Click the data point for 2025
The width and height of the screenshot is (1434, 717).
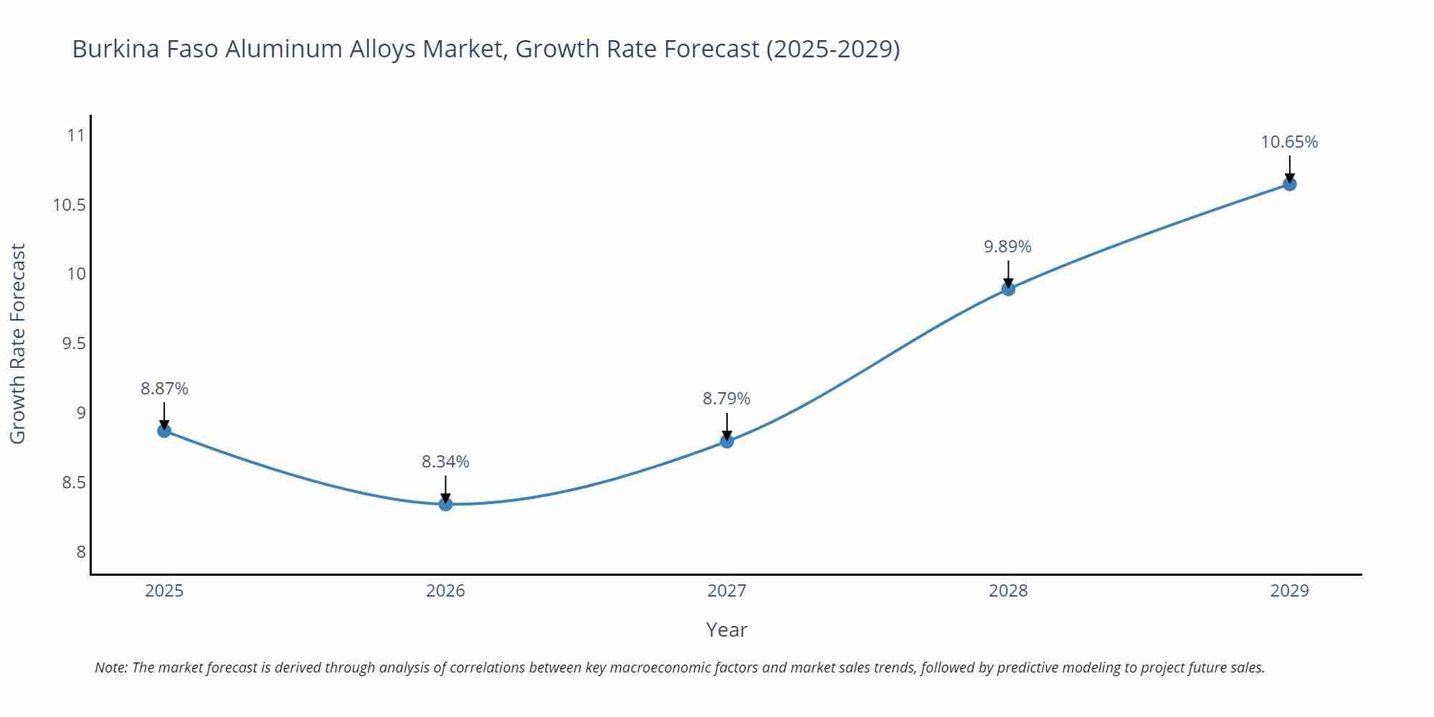coord(164,431)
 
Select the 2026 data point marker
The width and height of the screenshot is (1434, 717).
coord(445,504)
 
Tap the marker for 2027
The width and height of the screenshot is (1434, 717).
coord(727,441)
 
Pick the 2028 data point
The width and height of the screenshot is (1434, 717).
coord(1008,289)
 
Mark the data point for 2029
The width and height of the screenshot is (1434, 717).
coord(1289,184)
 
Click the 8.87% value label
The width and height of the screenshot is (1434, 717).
coord(164,389)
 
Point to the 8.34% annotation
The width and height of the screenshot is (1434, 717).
coord(445,462)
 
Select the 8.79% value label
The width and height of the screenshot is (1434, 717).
coord(726,399)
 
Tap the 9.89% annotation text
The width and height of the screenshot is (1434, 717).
coord(1007,247)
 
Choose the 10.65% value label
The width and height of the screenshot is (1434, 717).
coord(1289,142)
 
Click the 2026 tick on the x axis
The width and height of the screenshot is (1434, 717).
coord(445,591)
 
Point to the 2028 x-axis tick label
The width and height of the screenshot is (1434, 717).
coord(1008,591)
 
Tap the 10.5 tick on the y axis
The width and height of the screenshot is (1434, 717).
coord(69,205)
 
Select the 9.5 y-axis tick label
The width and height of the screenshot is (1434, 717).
coord(73,343)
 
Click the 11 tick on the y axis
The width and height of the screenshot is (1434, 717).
coord(75,136)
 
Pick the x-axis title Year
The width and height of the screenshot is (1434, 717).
coord(726,630)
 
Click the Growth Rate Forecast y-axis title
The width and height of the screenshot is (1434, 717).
coord(17,343)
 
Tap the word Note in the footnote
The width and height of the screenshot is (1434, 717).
coord(110,668)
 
